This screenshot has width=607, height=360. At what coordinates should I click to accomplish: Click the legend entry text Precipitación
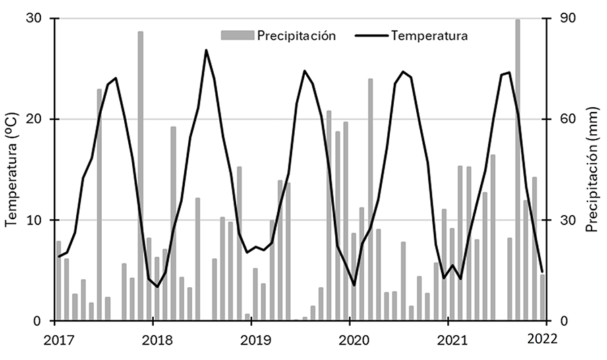click(x=296, y=36)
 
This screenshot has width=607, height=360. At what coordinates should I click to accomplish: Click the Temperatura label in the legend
click(x=430, y=36)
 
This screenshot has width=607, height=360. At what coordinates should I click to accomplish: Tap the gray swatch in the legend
click(x=237, y=35)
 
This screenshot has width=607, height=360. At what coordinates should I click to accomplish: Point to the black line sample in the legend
click(x=371, y=36)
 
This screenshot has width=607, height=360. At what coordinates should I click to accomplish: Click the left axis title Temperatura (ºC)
click(x=11, y=171)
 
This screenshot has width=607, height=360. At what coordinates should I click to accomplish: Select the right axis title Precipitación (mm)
click(x=591, y=170)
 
